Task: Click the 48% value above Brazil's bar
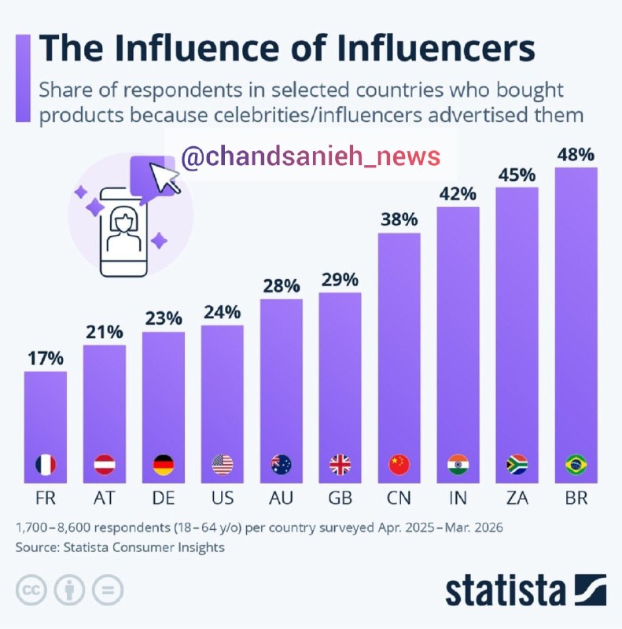[x=576, y=154]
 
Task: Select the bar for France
[x=46, y=427]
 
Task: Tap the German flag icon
[x=164, y=465]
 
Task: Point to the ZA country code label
[x=517, y=498]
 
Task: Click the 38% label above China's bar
[x=399, y=219]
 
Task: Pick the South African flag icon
[x=517, y=465]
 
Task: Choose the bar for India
[x=458, y=345]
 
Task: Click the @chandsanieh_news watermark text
[x=311, y=156]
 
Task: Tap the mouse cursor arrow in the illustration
[x=164, y=177]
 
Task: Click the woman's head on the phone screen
[x=123, y=220]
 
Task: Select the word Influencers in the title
[x=436, y=48]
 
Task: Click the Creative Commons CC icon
[x=31, y=590]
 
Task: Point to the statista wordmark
[x=505, y=590]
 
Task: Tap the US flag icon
[x=223, y=465]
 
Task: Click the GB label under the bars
[x=340, y=498]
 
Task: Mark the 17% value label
[x=46, y=359]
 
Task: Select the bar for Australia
[x=282, y=391]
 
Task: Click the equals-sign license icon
[x=108, y=590]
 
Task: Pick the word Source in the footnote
[x=37, y=547]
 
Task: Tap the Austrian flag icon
[x=105, y=465]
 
